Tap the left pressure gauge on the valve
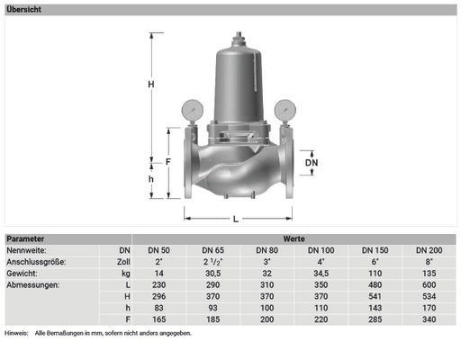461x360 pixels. [x=193, y=110]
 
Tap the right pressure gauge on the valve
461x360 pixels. [x=285, y=110]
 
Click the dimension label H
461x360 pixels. [x=151, y=85]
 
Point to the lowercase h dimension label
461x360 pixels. [x=151, y=179]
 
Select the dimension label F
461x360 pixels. [x=168, y=162]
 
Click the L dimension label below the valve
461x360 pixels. [x=236, y=220]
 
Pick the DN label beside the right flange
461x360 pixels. [x=312, y=163]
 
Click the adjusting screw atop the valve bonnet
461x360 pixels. [x=239, y=38]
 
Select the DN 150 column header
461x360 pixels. [x=375, y=250]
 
